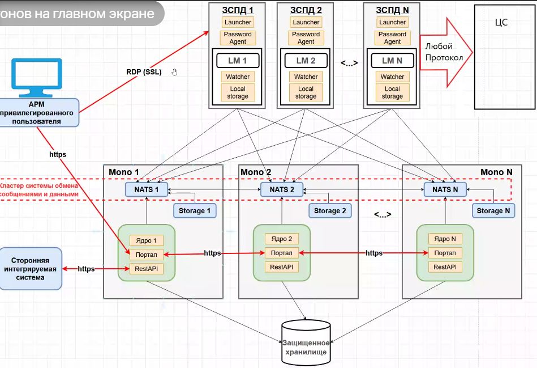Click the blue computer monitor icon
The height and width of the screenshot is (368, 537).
tap(39, 78)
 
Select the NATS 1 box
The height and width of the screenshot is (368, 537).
tap(146, 189)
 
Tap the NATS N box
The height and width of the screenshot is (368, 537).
tap(445, 189)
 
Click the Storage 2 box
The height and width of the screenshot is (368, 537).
tap(330, 210)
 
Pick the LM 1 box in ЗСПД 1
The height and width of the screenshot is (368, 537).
tap(238, 61)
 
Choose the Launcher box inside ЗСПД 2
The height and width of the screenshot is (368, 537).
tap(306, 22)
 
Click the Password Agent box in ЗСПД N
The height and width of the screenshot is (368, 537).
tap(392, 38)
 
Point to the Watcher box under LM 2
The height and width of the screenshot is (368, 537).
tap(306, 77)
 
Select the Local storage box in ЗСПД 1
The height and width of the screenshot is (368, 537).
tap(238, 92)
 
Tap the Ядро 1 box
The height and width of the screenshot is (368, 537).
tap(147, 240)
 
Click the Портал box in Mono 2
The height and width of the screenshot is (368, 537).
tap(281, 253)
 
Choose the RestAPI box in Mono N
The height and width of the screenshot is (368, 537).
tap(445, 267)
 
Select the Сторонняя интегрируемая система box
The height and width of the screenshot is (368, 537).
tap(30, 269)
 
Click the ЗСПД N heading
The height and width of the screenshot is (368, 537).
tap(392, 9)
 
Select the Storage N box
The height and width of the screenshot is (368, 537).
tap(493, 210)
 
